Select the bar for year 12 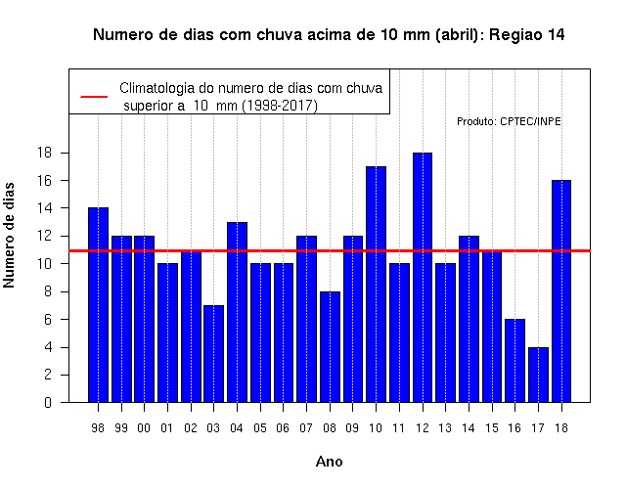(x=423, y=278)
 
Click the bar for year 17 (x=538, y=375)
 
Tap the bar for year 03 (x=213, y=354)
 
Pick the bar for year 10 (x=376, y=285)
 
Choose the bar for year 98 (x=98, y=305)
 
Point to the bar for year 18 (x=561, y=291)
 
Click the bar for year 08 (x=330, y=347)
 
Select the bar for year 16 (x=515, y=361)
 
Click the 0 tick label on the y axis (x=48, y=402)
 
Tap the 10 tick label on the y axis (x=44, y=264)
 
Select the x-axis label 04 (x=237, y=428)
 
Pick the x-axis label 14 (x=469, y=428)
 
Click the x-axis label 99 (x=121, y=428)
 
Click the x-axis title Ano (x=329, y=462)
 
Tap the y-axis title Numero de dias (x=9, y=235)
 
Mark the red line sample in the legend (x=94, y=97)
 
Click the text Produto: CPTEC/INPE (x=509, y=121)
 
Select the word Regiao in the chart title (x=515, y=35)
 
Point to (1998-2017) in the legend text (x=280, y=106)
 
